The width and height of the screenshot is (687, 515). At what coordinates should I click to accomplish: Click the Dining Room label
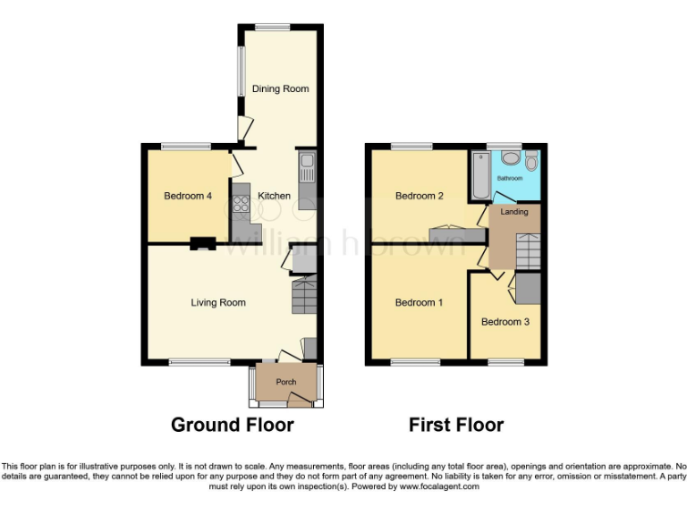coord(280,89)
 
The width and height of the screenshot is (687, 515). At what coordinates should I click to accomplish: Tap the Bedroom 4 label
coord(187,196)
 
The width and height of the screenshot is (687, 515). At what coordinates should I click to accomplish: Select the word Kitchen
coord(274,196)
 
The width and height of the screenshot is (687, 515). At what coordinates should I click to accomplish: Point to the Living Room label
coord(218,303)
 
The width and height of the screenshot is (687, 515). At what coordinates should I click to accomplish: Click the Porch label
coord(285,383)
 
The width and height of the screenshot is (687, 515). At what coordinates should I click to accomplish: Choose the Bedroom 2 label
coord(420,196)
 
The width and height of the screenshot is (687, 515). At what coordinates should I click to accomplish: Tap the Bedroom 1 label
coord(419,303)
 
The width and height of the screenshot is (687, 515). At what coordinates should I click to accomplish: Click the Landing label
coord(514,212)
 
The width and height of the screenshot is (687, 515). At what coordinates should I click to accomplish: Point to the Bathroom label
coord(511,178)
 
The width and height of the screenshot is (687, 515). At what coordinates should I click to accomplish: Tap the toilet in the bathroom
coord(531,161)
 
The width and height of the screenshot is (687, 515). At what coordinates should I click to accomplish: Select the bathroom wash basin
coord(511,157)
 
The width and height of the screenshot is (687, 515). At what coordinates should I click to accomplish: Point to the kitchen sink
coord(307,165)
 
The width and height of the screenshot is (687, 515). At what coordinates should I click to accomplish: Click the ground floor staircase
coord(304,296)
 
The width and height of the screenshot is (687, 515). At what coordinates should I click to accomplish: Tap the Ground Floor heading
coord(232,425)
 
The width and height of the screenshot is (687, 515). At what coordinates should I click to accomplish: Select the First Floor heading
coord(456,425)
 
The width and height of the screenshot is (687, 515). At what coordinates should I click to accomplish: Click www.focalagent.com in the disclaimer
coord(439,487)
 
